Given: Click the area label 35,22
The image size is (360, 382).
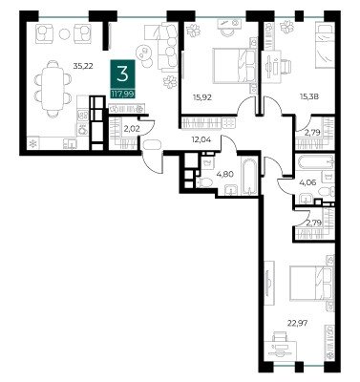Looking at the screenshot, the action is click(x=81, y=66).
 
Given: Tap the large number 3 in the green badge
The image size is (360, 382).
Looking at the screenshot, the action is click(x=122, y=74).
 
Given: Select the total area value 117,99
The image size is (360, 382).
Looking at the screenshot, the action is click(x=122, y=94).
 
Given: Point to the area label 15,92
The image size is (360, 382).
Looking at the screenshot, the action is click(x=202, y=97).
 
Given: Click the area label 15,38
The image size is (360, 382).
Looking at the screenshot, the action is click(x=310, y=95).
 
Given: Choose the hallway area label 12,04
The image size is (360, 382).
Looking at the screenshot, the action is click(x=202, y=138).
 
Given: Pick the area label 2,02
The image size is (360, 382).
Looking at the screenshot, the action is click(x=131, y=129).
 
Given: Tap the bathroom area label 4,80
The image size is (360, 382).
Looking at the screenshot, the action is click(x=223, y=174).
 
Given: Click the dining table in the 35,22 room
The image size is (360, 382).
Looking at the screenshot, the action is click(x=53, y=87).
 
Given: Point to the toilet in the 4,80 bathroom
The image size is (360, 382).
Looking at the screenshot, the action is click(x=204, y=182).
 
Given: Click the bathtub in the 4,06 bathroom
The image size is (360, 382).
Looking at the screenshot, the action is click(x=315, y=162).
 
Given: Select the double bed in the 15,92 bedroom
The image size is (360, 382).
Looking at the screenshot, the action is click(x=235, y=66).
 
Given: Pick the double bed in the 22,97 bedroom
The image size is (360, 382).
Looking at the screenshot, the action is click(x=312, y=283).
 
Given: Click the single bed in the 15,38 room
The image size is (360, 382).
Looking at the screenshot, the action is click(x=325, y=45).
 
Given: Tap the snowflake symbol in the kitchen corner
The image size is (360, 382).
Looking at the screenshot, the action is click(x=32, y=144).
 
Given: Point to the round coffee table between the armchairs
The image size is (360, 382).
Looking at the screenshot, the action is click(x=65, y=33).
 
